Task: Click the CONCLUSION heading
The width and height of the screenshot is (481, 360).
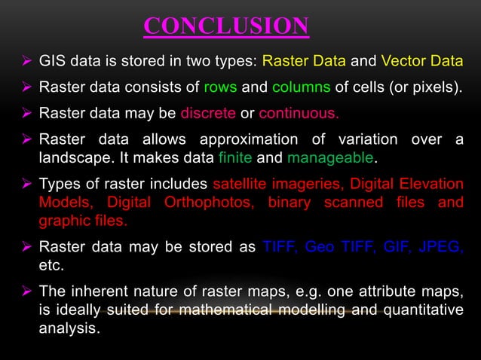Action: (x=225, y=26)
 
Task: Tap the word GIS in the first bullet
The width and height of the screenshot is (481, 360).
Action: (x=53, y=61)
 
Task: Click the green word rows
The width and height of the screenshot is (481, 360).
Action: (x=220, y=87)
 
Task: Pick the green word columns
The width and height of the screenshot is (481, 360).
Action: (x=302, y=87)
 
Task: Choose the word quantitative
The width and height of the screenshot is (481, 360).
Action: (x=425, y=310)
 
